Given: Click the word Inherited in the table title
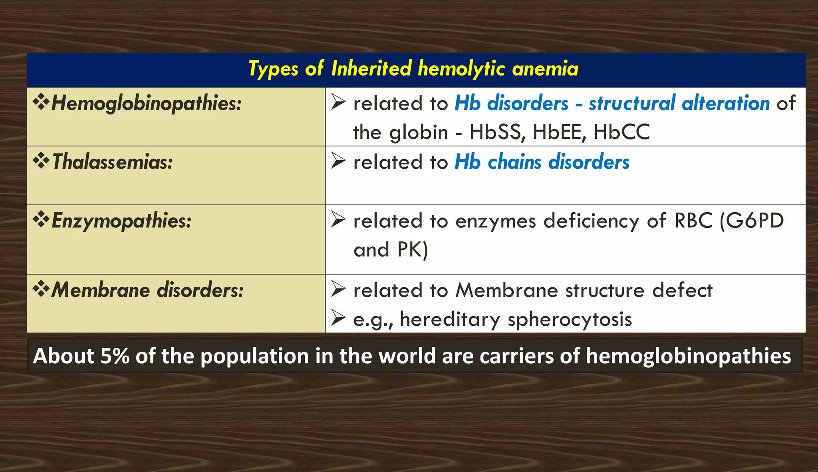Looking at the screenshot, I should [371, 68].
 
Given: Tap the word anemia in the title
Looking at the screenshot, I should [545, 68].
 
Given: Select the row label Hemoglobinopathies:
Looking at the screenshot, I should [146, 103].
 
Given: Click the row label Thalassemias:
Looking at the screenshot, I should [112, 162].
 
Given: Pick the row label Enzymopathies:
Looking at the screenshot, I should [121, 221].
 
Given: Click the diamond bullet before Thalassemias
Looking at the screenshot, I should [41, 161].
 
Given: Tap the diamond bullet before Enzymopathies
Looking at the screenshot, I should [41, 220].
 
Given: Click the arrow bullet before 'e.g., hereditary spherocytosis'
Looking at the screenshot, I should [338, 318].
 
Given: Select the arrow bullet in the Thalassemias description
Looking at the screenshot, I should [338, 161].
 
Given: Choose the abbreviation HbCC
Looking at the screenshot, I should [621, 132].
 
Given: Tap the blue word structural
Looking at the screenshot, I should [632, 103].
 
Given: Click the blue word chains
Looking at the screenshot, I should [514, 162].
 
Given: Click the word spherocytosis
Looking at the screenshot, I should [570, 319].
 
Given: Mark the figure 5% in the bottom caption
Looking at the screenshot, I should [115, 356].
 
